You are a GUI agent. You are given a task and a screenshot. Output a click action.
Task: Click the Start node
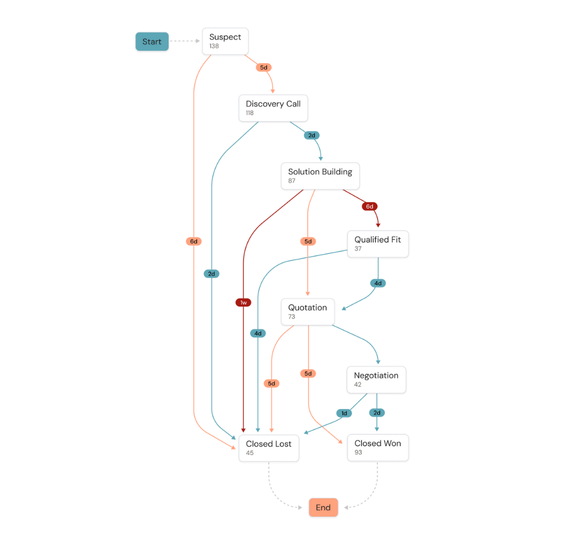click(x=152, y=42)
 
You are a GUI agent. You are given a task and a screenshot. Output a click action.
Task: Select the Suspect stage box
click(x=225, y=41)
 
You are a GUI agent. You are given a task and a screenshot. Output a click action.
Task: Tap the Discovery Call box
click(x=273, y=108)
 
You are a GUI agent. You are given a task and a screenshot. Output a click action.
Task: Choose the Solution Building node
click(x=320, y=176)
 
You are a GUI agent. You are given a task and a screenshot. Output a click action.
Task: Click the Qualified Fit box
click(x=378, y=244)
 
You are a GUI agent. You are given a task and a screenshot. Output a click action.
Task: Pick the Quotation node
click(x=308, y=311)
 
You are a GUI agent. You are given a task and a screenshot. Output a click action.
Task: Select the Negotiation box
click(x=376, y=379)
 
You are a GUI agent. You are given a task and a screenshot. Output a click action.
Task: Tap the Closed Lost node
click(x=268, y=448)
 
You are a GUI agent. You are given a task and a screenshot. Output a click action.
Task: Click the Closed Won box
click(x=378, y=448)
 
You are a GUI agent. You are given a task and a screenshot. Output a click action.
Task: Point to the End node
click(x=323, y=508)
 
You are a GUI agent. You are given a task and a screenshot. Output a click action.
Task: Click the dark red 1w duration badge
click(x=243, y=303)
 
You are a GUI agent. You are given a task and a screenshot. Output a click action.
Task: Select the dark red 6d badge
click(x=369, y=206)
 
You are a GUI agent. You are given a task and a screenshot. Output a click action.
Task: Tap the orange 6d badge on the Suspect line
click(x=194, y=242)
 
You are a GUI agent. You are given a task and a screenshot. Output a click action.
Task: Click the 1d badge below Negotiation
click(x=344, y=413)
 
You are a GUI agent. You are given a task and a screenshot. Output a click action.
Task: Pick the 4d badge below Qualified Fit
click(x=378, y=283)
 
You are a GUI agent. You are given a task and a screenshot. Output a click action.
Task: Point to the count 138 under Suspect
click(x=214, y=47)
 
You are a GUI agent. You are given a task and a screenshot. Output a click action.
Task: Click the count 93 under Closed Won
click(x=358, y=453)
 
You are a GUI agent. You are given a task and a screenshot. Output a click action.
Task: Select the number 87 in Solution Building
click(x=292, y=181)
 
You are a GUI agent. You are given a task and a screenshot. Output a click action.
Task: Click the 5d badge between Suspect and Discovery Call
click(x=263, y=68)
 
